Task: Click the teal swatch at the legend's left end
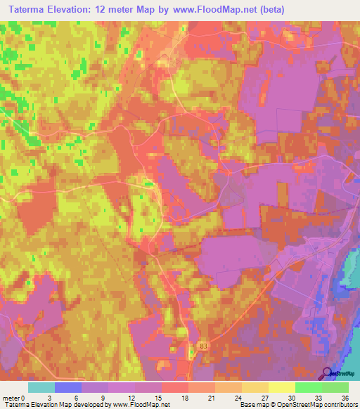click(x=41, y=387)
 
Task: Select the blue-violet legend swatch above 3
click(x=68, y=387)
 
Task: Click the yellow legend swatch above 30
click(x=281, y=387)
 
